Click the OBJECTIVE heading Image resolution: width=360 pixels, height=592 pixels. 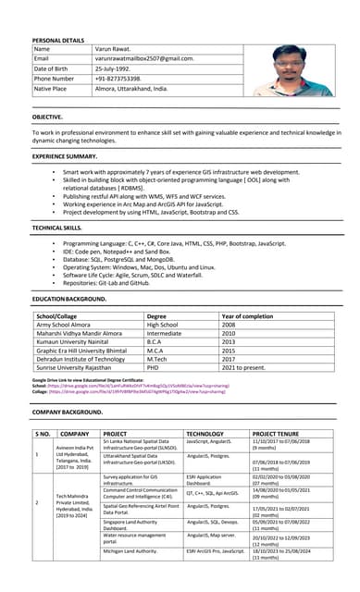click(x=47, y=117)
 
